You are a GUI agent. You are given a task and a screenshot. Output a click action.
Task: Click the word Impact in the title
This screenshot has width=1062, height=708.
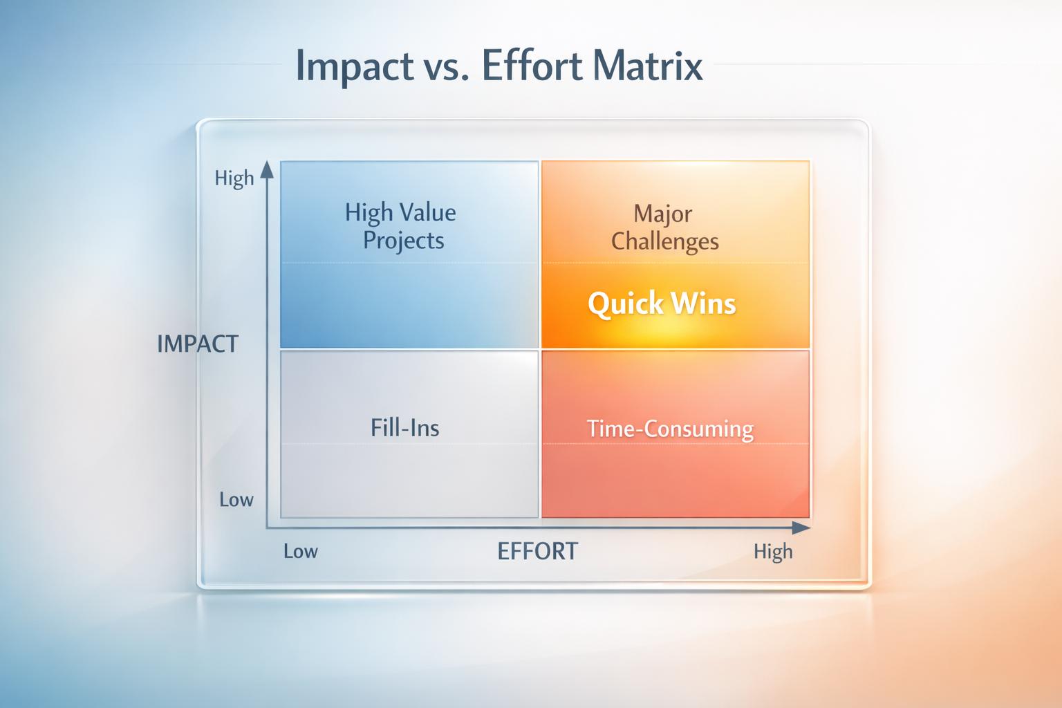point(355,66)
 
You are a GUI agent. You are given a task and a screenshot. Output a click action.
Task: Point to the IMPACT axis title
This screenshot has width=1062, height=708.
point(197,344)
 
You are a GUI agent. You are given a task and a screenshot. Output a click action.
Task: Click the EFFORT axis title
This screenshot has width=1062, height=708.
point(537,551)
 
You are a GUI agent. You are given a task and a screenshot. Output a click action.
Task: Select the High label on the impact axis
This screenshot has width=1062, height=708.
point(234,179)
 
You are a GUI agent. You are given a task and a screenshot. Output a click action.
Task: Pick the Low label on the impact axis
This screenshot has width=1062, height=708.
point(236,499)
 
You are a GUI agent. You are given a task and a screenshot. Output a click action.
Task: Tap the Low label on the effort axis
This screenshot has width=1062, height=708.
point(301,551)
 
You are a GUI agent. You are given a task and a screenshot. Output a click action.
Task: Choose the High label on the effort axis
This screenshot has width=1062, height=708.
point(773,552)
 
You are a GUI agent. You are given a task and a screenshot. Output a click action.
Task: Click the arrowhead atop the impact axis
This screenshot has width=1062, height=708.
point(267,170)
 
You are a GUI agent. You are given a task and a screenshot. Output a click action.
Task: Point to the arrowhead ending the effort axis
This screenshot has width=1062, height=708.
point(801,528)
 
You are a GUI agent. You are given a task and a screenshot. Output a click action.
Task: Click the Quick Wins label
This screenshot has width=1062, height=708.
point(662,304)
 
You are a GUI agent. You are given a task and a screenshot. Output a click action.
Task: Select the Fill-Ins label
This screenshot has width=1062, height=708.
point(405,428)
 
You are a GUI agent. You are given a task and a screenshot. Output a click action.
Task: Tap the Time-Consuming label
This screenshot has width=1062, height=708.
point(670,429)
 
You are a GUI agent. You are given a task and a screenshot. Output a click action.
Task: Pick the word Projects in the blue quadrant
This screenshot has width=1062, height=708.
point(404,241)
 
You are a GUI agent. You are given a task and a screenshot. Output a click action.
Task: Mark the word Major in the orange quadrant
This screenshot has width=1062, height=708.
point(663,214)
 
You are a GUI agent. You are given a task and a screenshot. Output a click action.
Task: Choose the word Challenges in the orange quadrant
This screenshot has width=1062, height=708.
point(664,242)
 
